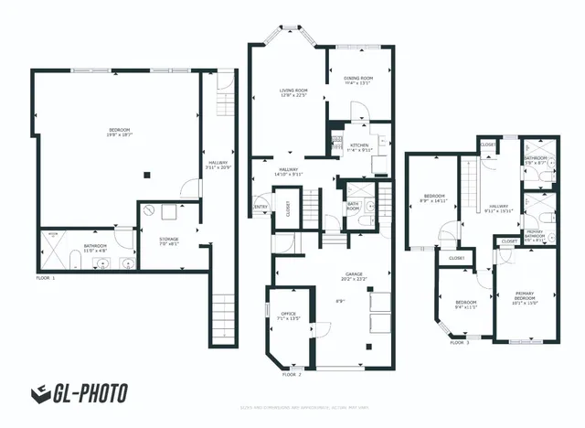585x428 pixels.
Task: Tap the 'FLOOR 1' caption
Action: [45, 277]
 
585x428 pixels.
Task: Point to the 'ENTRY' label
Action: [261, 207]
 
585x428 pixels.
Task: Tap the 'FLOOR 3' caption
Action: [460, 343]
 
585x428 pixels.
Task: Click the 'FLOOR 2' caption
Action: [292, 375]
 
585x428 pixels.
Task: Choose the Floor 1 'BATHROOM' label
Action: [95, 246]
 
